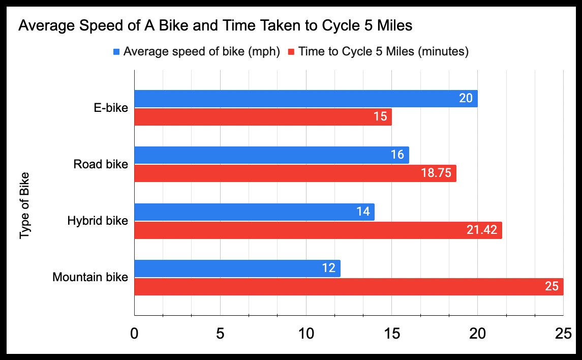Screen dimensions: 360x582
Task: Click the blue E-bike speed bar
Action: [305, 99]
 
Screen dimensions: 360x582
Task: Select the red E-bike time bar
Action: [263, 117]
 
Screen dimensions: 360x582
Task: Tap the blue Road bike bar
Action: [271, 155]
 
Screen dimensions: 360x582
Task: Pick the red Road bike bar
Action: [295, 173]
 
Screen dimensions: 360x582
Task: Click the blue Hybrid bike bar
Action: [254, 212]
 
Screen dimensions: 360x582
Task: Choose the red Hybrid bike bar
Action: [318, 230]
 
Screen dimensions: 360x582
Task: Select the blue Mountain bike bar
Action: [237, 268]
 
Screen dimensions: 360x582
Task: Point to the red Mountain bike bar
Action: [348, 287]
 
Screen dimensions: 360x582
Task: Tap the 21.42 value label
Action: [482, 230]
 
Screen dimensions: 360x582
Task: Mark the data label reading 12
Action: [328, 268]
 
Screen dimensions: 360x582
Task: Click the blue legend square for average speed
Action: [116, 52]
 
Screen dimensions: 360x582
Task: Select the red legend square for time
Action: [291, 52]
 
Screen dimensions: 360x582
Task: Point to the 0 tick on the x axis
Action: [134, 334]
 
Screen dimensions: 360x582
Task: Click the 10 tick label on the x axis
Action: [306, 334]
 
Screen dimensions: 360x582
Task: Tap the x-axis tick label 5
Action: [220, 334]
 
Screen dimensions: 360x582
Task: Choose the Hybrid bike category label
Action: [97, 221]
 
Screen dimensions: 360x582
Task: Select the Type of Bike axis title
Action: [24, 206]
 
